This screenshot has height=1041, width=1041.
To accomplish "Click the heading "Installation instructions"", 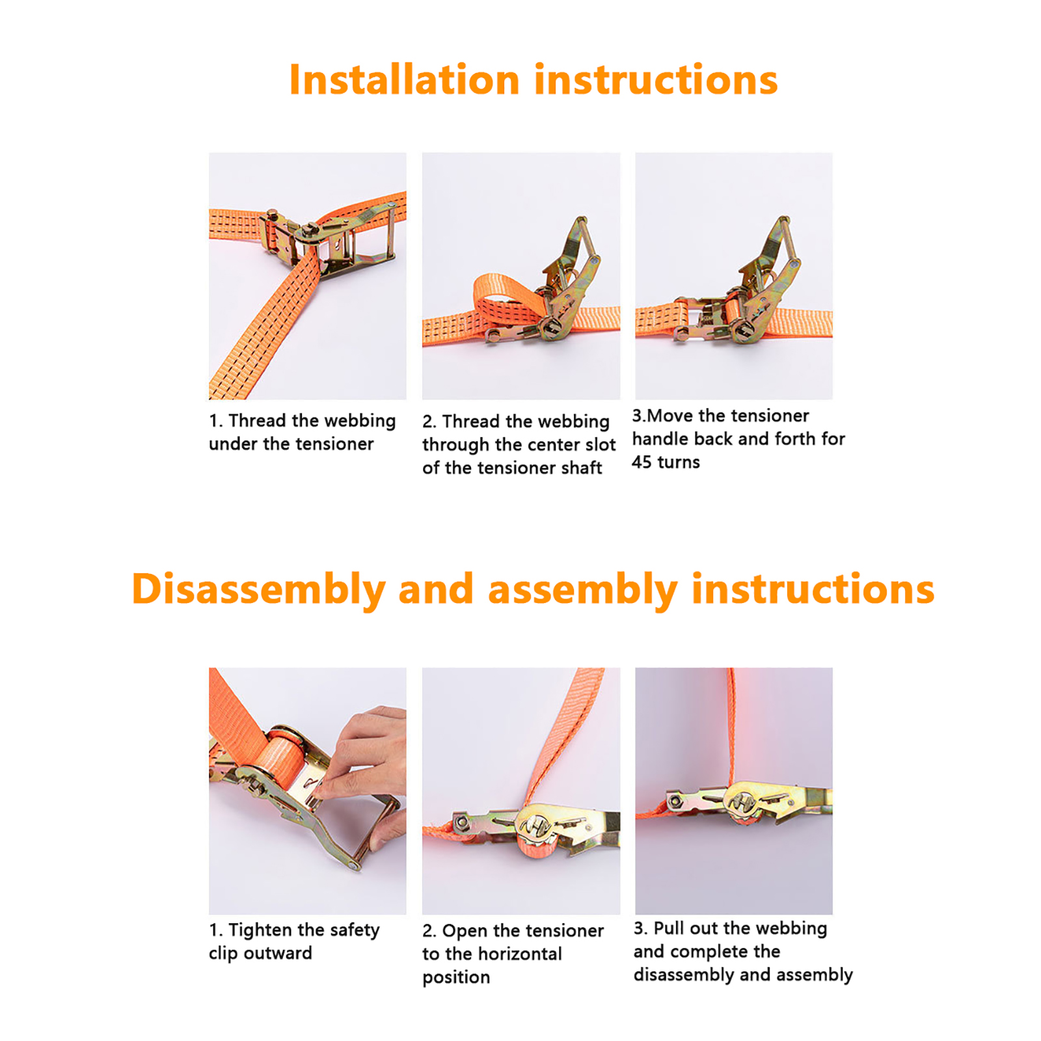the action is click(533, 80).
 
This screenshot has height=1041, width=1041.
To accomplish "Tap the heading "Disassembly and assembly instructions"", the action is click(533, 589).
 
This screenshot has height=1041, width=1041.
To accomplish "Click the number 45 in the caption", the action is click(642, 463).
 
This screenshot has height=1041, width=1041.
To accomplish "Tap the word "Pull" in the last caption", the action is click(669, 928).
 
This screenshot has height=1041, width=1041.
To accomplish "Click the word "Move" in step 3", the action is click(670, 416).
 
